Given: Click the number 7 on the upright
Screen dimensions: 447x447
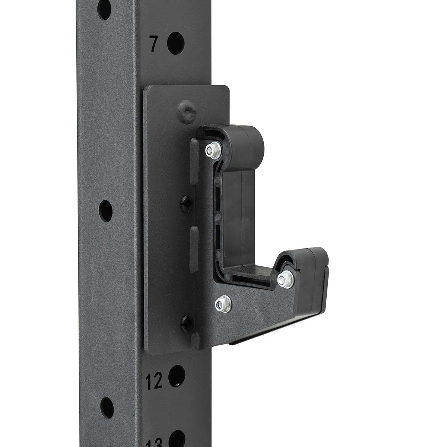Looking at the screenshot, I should point(153,44).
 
